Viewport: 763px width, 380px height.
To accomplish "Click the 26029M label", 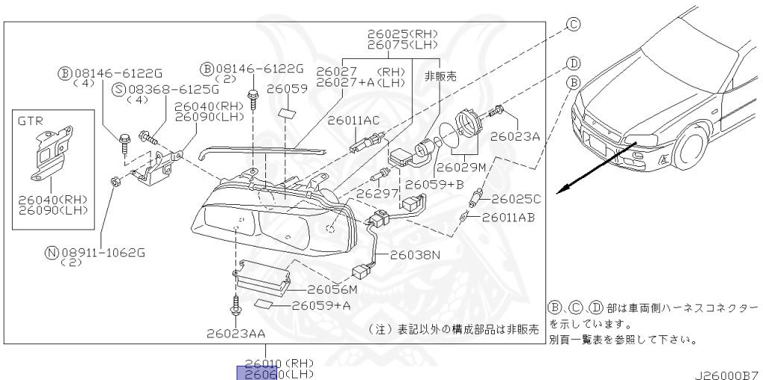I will pos(461,167).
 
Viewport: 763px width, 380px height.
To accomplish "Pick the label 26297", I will pos(373,193).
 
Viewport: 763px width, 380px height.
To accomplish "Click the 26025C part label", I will pos(515,199).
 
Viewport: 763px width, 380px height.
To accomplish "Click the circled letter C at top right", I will pos(573,25).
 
